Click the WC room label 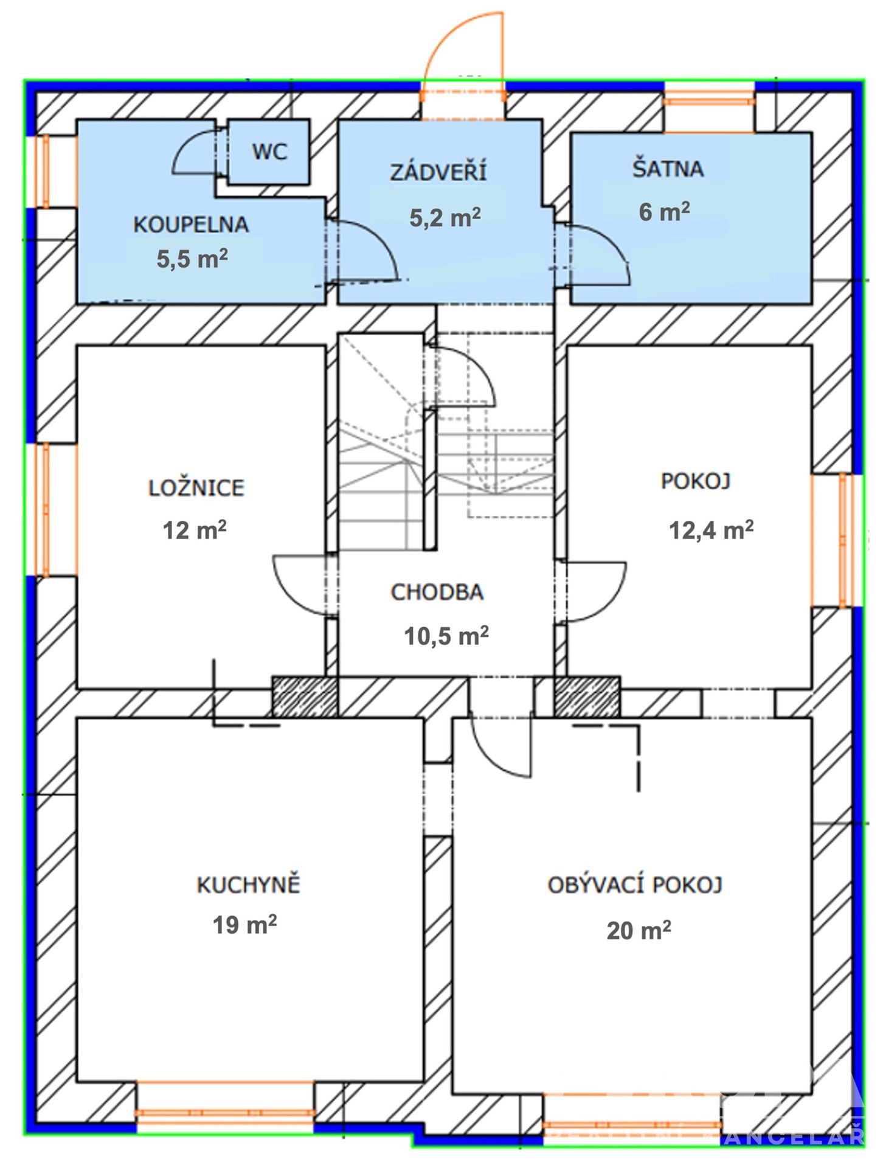pyautogui.click(x=269, y=151)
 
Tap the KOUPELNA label pyautogui.click(x=191, y=224)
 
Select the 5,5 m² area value pyautogui.click(x=192, y=259)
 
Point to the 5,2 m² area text pyautogui.click(x=445, y=217)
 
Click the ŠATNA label pyautogui.click(x=668, y=168)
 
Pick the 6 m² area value pyautogui.click(x=664, y=212)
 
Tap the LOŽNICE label pyautogui.click(x=196, y=488)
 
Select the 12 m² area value pyautogui.click(x=195, y=530)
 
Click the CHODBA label pyautogui.click(x=437, y=592)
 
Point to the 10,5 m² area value pyautogui.click(x=446, y=636)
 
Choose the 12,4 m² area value pyautogui.click(x=712, y=530)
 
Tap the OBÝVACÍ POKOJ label pyautogui.click(x=635, y=885)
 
